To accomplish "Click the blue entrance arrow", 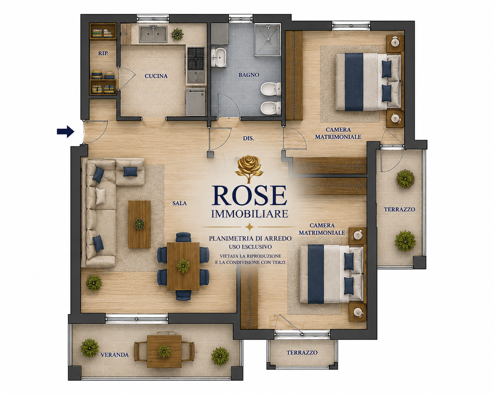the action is click(x=66, y=132).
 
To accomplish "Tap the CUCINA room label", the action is click(x=156, y=76).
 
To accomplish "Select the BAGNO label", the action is click(x=249, y=75).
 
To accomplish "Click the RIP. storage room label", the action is click(x=103, y=53).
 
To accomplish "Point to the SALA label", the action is click(x=179, y=203).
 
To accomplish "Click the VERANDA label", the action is click(x=115, y=355).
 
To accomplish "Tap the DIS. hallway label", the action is click(x=248, y=138).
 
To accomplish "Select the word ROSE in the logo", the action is click(x=249, y=195).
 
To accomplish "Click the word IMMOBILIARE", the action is click(x=249, y=214).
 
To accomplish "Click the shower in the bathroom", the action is click(x=268, y=40).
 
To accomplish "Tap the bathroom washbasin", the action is click(x=219, y=57).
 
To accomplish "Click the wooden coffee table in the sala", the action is click(x=139, y=224).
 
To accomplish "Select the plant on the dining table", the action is click(x=183, y=266).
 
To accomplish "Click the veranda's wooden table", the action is click(x=164, y=351).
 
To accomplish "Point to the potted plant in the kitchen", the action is click(x=177, y=34).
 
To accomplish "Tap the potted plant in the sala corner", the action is click(x=94, y=283).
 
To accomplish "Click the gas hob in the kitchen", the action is click(x=196, y=59).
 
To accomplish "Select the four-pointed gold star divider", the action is click(x=249, y=227).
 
